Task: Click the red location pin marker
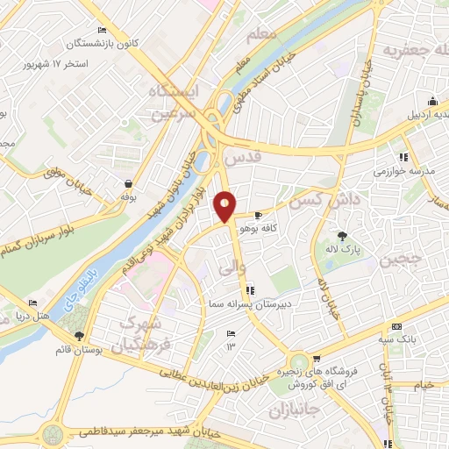(225, 206)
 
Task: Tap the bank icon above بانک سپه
(397, 326)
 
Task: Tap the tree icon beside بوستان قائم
(80, 335)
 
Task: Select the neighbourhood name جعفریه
(405, 51)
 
